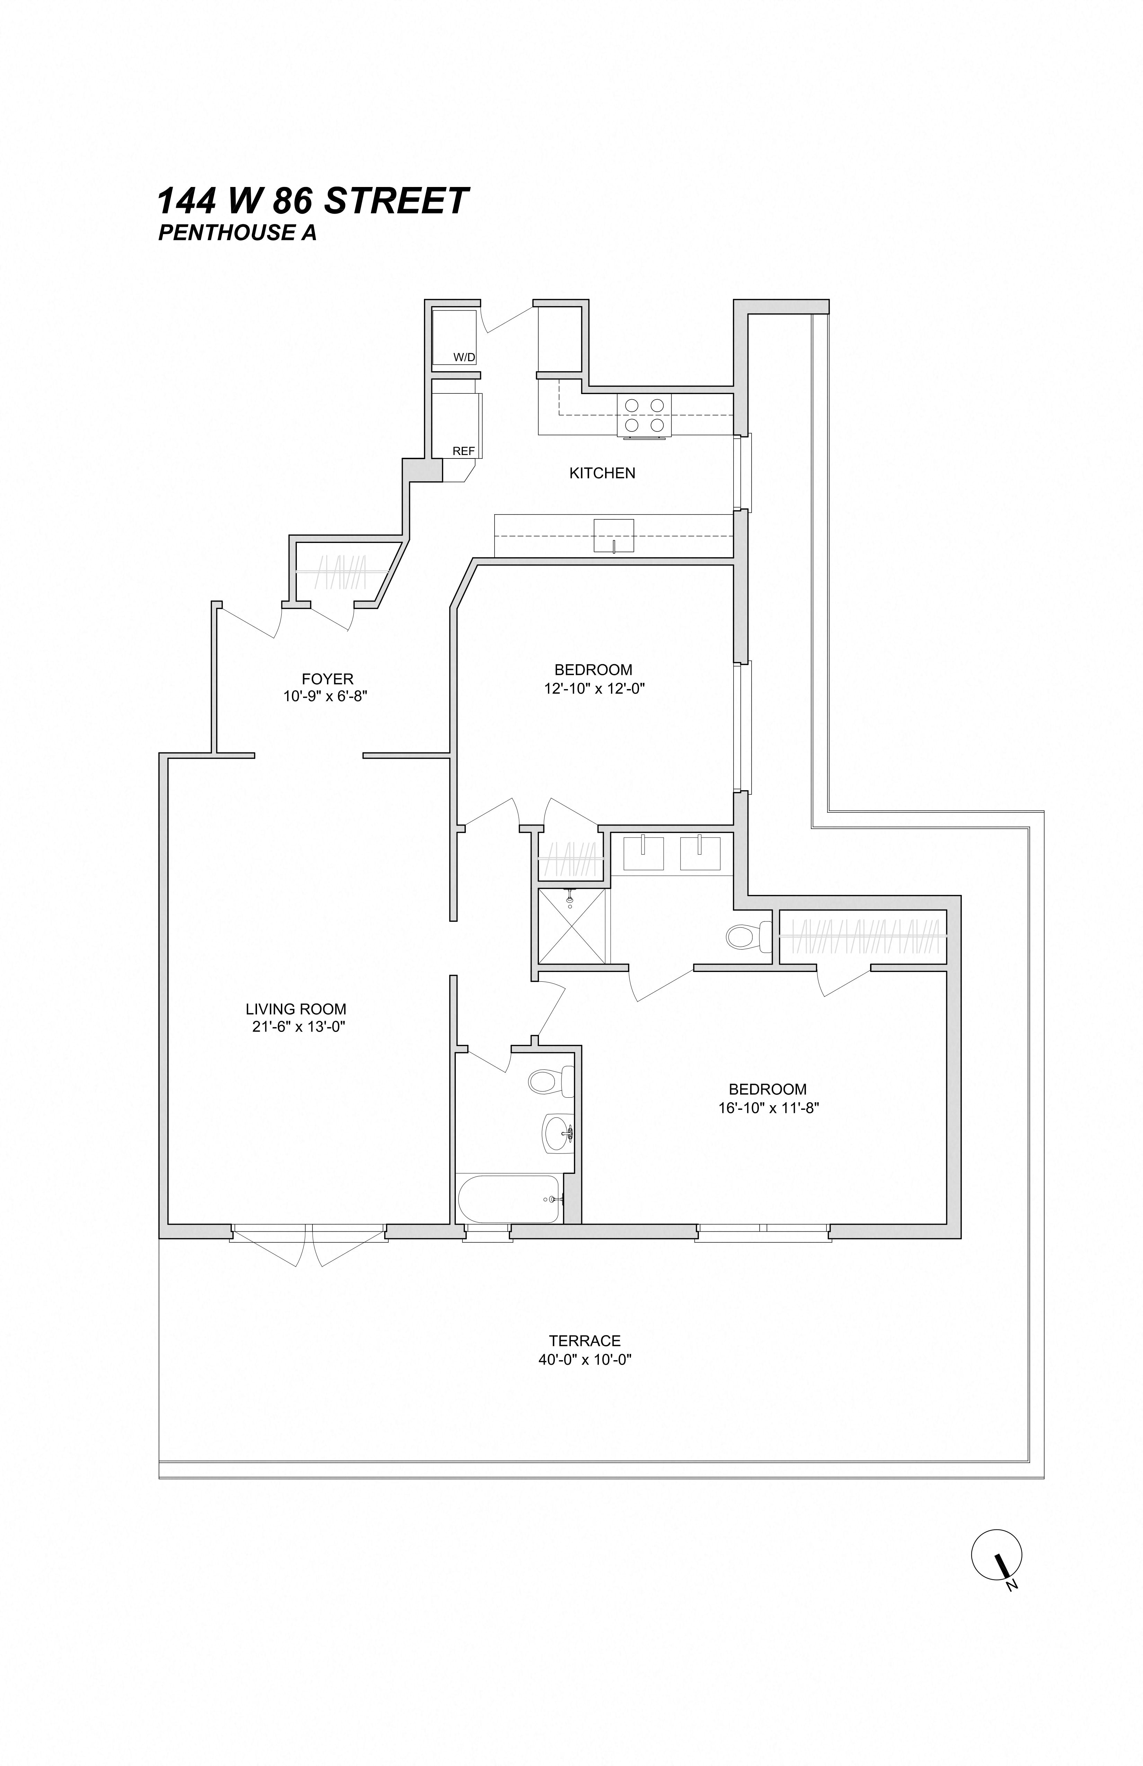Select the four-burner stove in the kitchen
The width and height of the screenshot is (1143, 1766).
[644, 416]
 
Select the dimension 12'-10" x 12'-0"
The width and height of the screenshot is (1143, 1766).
[594, 689]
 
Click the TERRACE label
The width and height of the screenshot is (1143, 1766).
[585, 1341]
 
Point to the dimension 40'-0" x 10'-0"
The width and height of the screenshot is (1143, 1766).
[585, 1360]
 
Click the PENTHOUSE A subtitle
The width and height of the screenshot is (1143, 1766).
[238, 233]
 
